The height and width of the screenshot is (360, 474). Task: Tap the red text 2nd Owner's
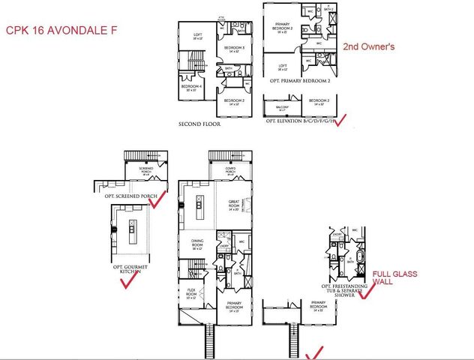(368, 46)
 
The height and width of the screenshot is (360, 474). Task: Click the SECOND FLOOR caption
(199, 124)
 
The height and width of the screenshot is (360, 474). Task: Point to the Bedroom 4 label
(189, 87)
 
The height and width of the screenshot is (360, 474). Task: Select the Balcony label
(283, 107)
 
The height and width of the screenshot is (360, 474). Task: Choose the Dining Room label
(192, 244)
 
